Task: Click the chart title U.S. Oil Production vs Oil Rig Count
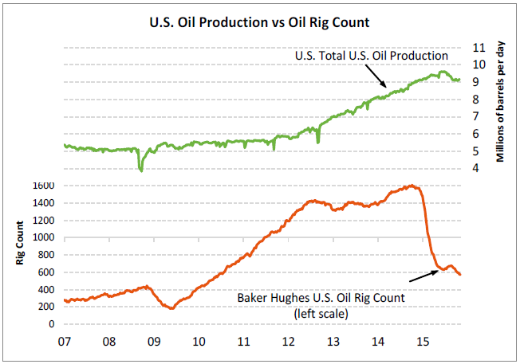(260, 22)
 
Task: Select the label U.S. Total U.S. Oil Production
(371, 56)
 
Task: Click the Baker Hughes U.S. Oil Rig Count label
(321, 297)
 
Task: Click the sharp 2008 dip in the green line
(141, 168)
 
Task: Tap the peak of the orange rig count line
(411, 186)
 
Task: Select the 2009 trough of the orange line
(171, 307)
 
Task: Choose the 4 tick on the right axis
(477, 168)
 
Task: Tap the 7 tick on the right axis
(477, 116)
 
